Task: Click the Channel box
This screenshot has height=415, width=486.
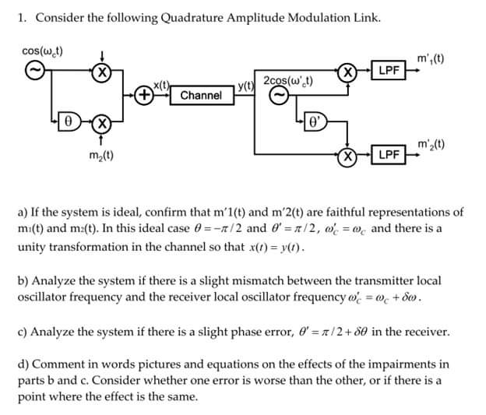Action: (201, 96)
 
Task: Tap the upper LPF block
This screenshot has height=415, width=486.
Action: (388, 70)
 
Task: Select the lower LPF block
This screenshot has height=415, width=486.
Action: (388, 155)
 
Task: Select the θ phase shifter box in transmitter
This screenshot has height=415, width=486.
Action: (69, 122)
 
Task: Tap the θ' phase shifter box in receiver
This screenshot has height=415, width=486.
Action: (313, 121)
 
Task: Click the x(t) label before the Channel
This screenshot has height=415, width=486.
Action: (162, 84)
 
